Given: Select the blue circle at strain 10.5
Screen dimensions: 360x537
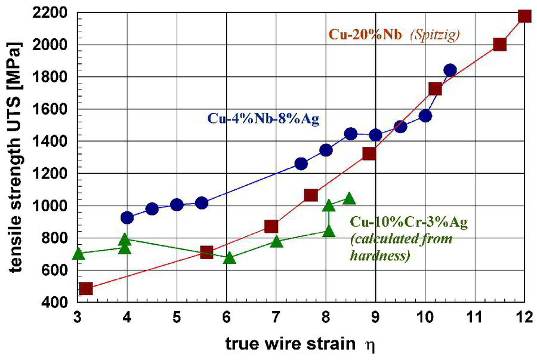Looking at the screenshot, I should pos(450,70).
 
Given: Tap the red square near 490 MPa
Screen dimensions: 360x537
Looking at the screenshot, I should pos(86,289).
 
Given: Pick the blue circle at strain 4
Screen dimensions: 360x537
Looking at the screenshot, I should pos(127,217).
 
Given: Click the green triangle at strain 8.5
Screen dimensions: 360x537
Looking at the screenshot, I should pos(350,198).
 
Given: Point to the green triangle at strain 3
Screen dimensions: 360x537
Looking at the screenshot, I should pos(78,253).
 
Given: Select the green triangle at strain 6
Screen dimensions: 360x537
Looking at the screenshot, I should pos(229,258).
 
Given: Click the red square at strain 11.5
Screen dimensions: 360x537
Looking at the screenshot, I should pos(500,44).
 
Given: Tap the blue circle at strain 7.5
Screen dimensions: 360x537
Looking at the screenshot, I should pos(301,164).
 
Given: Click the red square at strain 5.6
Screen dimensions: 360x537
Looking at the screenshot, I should pos(206,252).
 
